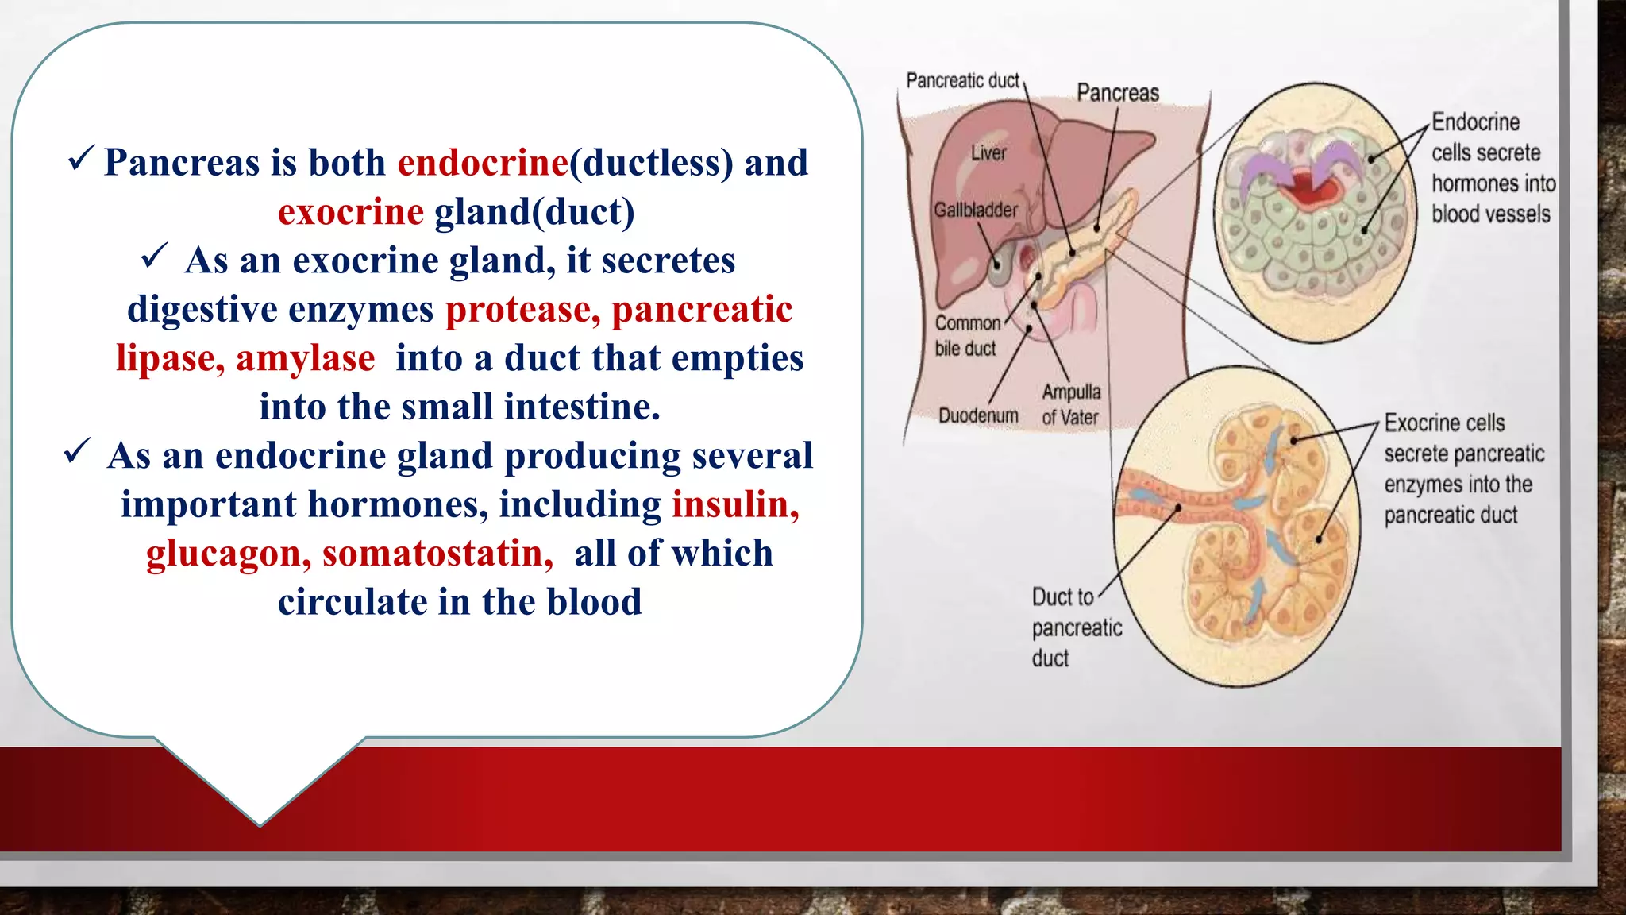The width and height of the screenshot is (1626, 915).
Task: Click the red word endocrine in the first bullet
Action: [483, 163]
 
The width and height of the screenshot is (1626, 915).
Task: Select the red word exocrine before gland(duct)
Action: [350, 212]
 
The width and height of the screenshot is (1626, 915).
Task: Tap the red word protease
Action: [522, 310]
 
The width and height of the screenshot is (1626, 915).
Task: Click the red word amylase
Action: [306, 358]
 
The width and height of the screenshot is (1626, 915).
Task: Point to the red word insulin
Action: [735, 505]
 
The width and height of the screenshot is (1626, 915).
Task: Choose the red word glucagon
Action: [228, 554]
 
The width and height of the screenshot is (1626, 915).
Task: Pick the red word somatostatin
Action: [437, 554]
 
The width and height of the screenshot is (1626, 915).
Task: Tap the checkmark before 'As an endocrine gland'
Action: [77, 451]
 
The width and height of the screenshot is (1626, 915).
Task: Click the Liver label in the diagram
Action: [988, 152]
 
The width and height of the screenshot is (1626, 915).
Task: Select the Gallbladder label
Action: [975, 210]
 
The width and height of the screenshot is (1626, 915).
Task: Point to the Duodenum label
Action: [978, 415]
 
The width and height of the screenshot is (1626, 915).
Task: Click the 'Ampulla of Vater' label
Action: [1071, 404]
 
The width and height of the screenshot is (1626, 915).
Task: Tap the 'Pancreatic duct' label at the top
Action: [962, 80]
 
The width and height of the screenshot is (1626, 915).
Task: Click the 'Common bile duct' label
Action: [966, 335]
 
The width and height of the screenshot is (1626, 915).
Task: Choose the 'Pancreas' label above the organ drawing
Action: [1117, 93]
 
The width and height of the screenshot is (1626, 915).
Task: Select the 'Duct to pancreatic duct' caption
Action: [1075, 627]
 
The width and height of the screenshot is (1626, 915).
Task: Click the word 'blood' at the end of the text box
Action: [594, 602]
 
